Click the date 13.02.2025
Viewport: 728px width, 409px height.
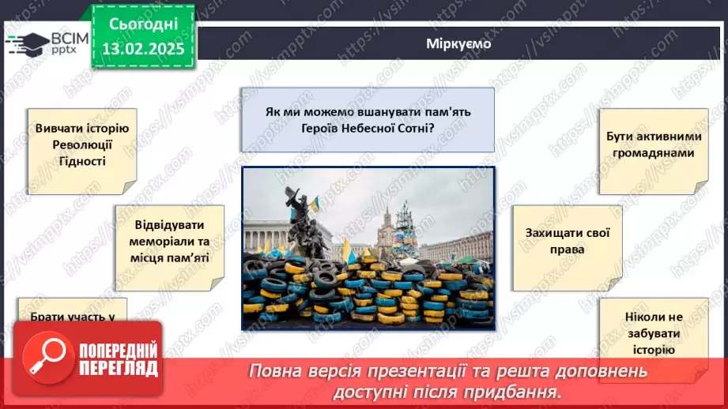click(142, 49)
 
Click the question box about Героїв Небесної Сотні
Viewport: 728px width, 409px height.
click(368, 119)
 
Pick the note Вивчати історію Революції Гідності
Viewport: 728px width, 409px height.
click(81, 145)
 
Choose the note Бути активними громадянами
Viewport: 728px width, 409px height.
click(651, 144)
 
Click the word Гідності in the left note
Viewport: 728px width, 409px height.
click(82, 161)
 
